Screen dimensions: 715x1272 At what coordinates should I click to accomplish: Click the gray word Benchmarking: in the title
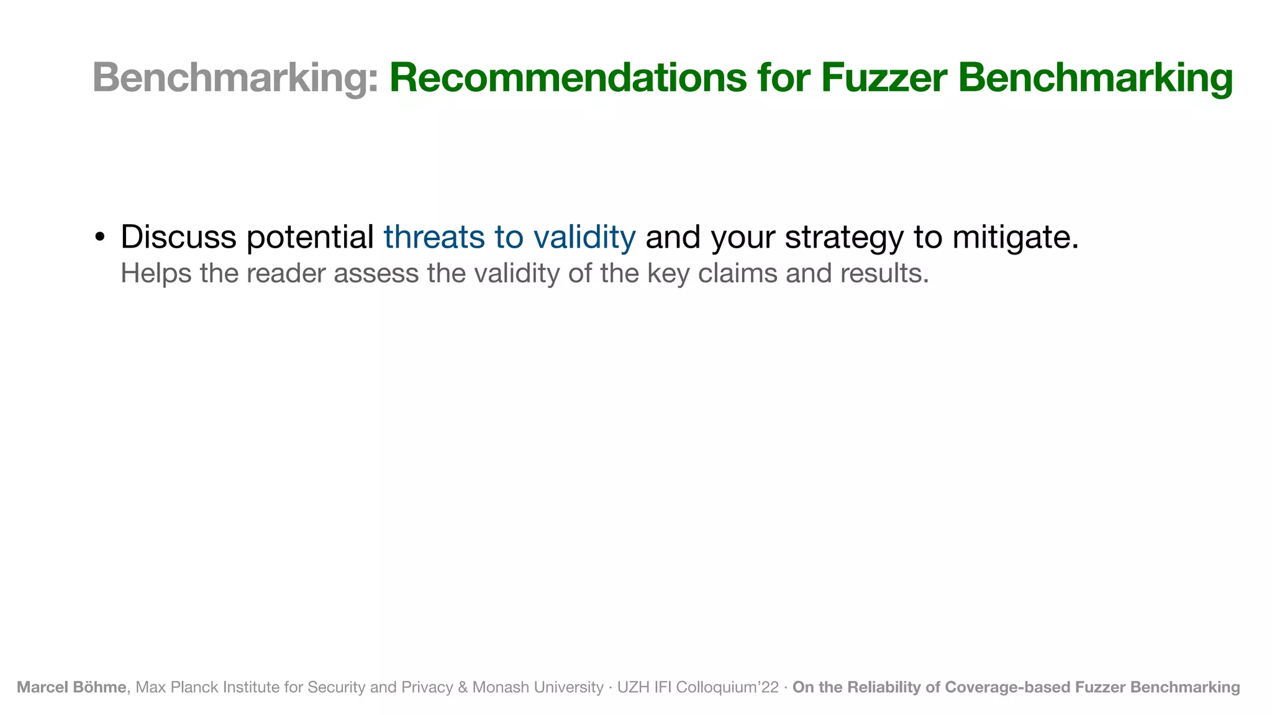235,78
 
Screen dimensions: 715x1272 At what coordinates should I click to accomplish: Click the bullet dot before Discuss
99,238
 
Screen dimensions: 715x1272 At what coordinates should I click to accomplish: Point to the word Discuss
178,237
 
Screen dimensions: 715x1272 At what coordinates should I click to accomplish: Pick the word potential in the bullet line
310,237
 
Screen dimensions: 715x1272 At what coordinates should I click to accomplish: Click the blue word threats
434,237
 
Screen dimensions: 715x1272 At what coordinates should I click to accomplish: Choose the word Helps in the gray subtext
156,274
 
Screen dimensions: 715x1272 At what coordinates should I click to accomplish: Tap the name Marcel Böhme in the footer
71,687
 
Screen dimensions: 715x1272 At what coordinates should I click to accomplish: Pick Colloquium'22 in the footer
727,687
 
